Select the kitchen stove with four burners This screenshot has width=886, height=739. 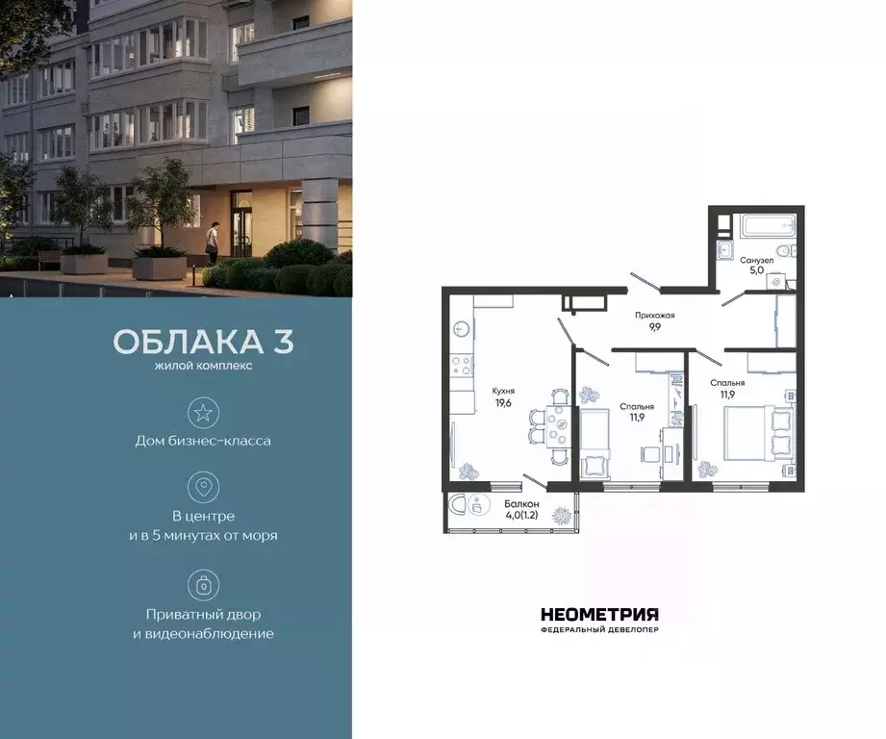(x=462, y=366)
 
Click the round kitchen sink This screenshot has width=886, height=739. (x=462, y=329)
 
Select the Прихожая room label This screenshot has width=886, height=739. (x=655, y=315)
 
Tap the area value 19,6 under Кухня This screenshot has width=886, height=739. (x=503, y=404)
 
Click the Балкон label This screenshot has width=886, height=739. (x=521, y=504)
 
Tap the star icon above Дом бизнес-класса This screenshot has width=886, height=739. (x=203, y=413)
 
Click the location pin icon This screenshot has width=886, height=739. (x=203, y=487)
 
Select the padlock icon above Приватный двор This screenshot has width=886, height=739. (x=203, y=584)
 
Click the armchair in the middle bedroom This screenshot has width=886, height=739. (x=595, y=466)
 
